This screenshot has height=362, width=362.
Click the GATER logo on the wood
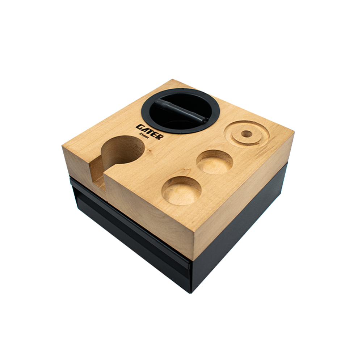(150, 132)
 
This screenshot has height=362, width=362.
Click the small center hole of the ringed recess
(247, 134)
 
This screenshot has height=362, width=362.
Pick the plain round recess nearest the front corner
(181, 190)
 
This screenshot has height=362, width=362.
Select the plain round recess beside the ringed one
(214, 162)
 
